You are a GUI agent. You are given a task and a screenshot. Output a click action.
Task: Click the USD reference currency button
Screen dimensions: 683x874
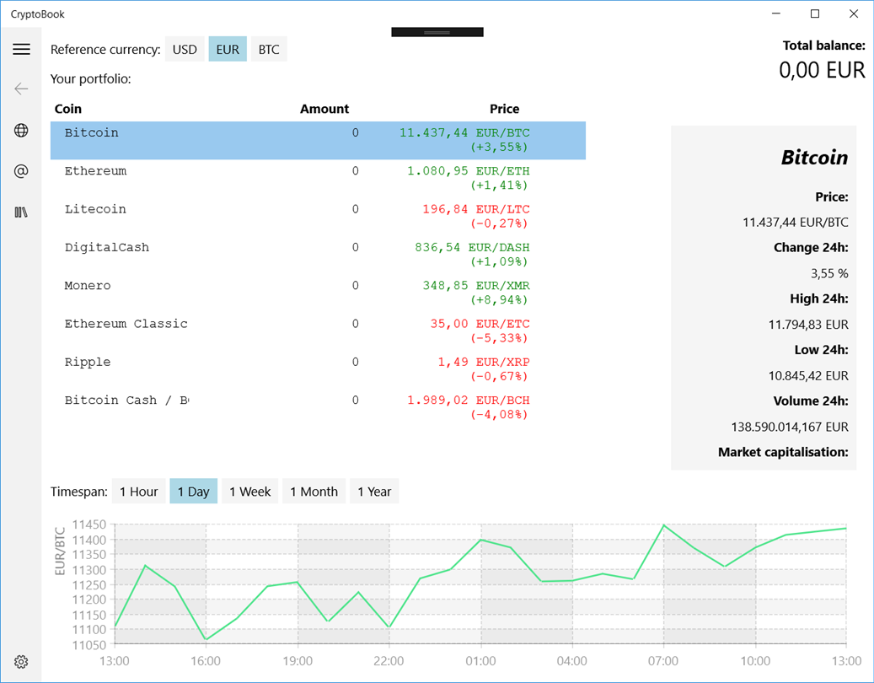click(x=185, y=50)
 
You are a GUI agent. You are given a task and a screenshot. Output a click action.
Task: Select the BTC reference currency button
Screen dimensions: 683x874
click(x=269, y=50)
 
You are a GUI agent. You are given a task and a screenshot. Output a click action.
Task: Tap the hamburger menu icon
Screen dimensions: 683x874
click(x=22, y=50)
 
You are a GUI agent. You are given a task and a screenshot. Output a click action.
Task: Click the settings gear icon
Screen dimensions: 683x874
click(x=22, y=662)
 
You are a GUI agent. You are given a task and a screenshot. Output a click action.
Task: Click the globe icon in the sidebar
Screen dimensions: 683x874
click(x=22, y=130)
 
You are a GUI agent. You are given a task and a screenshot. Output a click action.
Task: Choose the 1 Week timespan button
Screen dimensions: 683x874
click(x=250, y=492)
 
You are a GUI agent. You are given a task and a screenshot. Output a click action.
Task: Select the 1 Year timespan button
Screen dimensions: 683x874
click(x=374, y=492)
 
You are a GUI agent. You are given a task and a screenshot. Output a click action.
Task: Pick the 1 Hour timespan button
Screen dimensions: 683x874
click(x=139, y=492)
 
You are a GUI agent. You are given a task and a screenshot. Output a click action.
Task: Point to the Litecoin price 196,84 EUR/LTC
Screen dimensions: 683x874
click(x=476, y=209)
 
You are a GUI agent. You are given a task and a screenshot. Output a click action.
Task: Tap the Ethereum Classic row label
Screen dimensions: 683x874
click(x=126, y=324)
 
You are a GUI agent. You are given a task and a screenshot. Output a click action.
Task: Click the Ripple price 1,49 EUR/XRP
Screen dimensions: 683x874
click(x=483, y=362)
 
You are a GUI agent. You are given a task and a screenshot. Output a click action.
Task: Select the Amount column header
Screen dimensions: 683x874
click(x=324, y=109)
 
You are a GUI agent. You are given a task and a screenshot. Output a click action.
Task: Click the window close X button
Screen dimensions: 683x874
click(x=854, y=13)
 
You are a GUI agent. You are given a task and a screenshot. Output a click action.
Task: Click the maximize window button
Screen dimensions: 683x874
click(x=815, y=13)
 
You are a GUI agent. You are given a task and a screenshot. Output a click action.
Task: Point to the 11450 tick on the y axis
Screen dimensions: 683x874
click(x=88, y=524)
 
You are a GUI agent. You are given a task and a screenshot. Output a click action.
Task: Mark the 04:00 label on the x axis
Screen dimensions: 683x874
click(x=572, y=661)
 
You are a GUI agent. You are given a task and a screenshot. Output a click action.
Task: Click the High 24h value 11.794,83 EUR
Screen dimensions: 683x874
click(x=807, y=325)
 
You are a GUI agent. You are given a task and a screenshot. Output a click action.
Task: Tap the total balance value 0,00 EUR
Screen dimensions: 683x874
click(x=822, y=70)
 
